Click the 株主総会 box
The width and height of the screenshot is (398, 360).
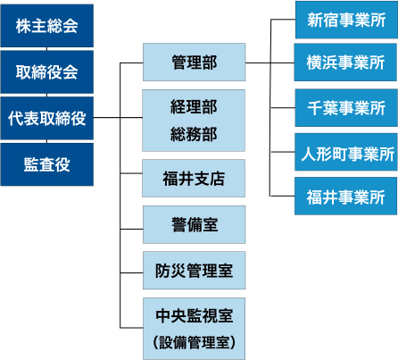pyautogui.click(x=47, y=26)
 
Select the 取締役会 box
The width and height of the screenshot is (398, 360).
pyautogui.click(x=47, y=71)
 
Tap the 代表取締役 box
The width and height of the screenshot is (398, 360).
pyautogui.click(x=47, y=118)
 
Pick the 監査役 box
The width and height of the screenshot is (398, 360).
pyautogui.click(x=47, y=164)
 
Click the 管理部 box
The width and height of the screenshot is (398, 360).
pyautogui.click(x=195, y=62)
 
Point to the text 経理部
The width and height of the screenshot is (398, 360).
pyautogui.click(x=194, y=106)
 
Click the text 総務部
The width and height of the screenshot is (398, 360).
pyautogui.click(x=194, y=134)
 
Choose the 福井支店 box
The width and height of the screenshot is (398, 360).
pyautogui.click(x=194, y=178)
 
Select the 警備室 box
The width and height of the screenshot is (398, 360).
pyautogui.click(x=195, y=224)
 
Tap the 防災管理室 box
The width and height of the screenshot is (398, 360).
pyautogui.click(x=195, y=270)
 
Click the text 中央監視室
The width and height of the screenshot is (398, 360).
pyautogui.click(x=195, y=315)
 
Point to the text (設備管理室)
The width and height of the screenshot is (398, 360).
pyautogui.click(x=195, y=342)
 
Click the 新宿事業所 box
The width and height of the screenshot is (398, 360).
pyautogui.click(x=346, y=20)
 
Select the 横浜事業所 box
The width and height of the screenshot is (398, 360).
pyautogui.click(x=345, y=63)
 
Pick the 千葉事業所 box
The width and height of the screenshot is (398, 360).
pyautogui.click(x=346, y=107)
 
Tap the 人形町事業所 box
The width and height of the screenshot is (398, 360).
pyautogui.click(x=346, y=152)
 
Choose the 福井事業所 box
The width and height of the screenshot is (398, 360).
pyautogui.click(x=346, y=196)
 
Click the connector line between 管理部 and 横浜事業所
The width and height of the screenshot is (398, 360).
pyautogui.click(x=269, y=63)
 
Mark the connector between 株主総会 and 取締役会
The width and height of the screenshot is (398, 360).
pyautogui.click(x=46, y=49)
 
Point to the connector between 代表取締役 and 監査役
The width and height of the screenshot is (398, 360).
pyautogui.click(x=46, y=141)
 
